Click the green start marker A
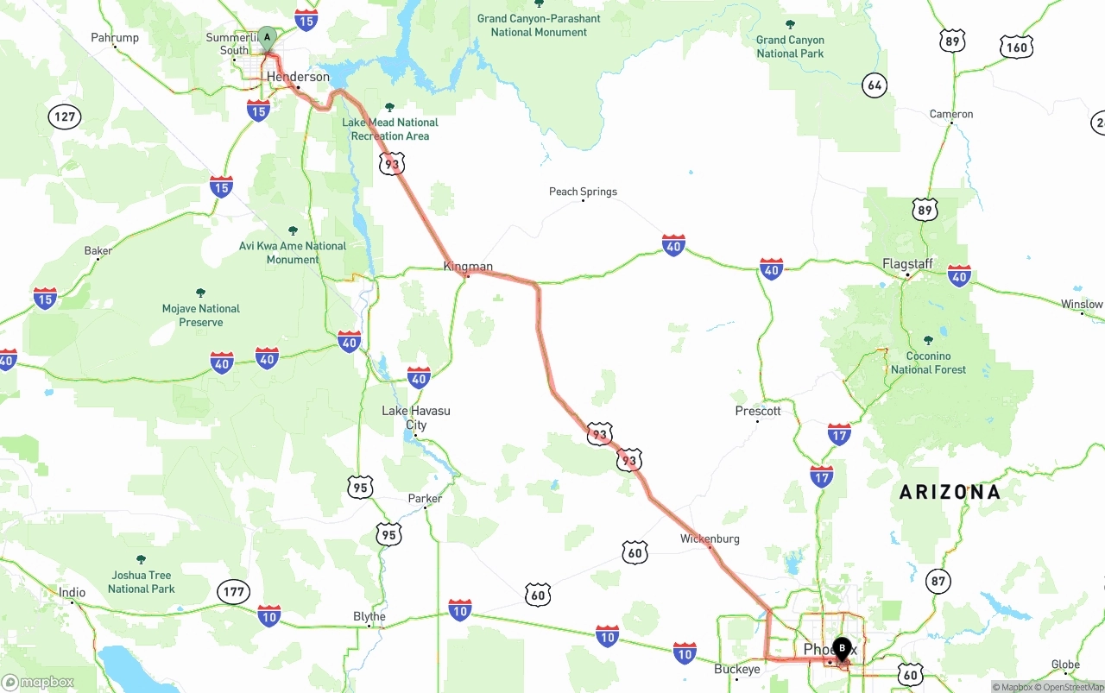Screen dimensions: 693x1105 tap(267, 38)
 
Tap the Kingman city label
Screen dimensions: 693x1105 tap(468, 267)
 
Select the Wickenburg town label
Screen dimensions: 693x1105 tap(710, 539)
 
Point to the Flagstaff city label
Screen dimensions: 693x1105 tap(907, 264)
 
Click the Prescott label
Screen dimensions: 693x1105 tap(758, 411)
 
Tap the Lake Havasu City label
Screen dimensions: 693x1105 tap(416, 418)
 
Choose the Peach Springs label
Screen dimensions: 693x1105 tap(583, 192)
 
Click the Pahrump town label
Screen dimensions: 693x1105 tap(115, 38)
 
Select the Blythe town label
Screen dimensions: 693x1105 tap(369, 616)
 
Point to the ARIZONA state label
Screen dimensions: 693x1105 tap(950, 492)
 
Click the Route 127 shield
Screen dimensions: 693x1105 tap(65, 117)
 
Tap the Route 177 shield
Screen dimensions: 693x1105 tap(233, 591)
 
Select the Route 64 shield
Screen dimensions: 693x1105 tap(875, 85)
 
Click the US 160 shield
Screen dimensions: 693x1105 tap(1016, 47)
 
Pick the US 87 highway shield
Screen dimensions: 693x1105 tap(938, 581)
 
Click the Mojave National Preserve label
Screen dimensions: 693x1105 tap(201, 315)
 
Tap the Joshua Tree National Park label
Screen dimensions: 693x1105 tap(142, 582)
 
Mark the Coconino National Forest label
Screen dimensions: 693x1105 tap(928, 362)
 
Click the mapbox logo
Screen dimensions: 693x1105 tap(39, 682)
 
